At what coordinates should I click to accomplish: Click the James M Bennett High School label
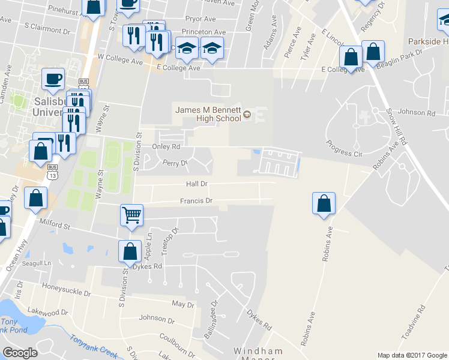208,113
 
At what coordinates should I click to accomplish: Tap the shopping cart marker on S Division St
131,215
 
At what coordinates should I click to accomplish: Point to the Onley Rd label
167,146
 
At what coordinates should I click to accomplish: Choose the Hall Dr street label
196,184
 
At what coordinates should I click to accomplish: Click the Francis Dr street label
196,201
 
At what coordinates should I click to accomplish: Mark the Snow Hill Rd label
397,127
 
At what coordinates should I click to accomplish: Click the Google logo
20,353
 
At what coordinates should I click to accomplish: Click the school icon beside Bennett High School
247,116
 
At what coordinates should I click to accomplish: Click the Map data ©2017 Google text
412,355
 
